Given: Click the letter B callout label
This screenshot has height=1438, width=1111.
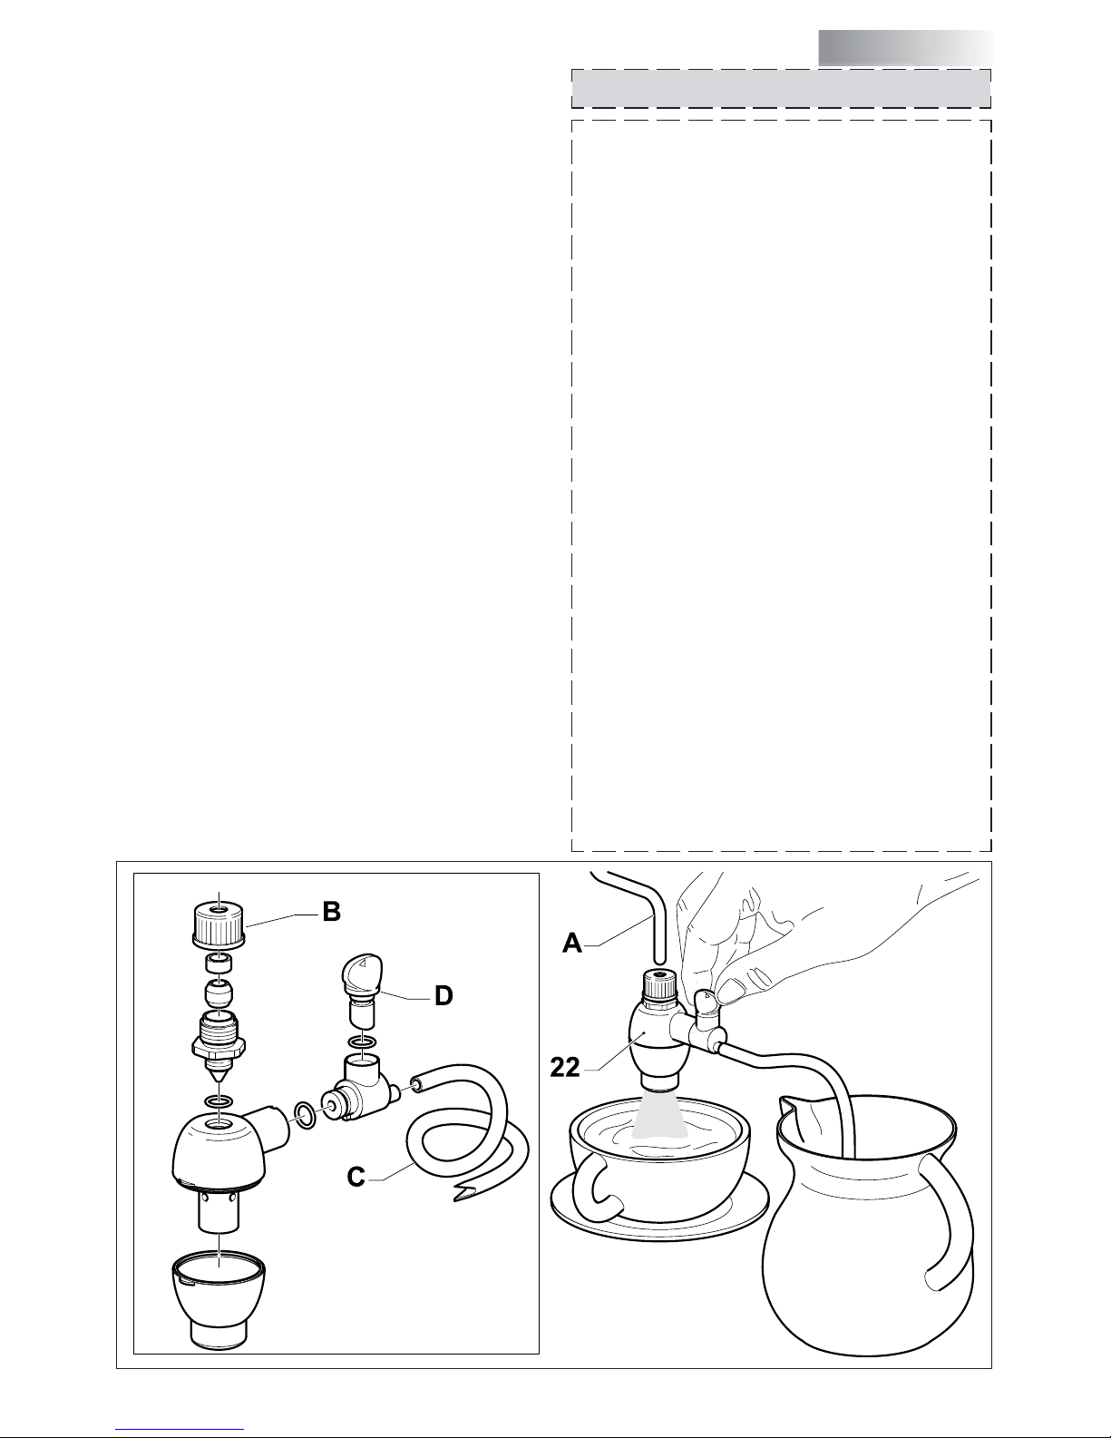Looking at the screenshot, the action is tap(331, 912).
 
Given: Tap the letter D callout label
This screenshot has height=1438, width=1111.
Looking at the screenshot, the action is tap(443, 996).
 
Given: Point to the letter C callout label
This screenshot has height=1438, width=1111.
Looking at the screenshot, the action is tap(356, 1178).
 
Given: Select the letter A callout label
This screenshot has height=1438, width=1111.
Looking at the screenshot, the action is tap(572, 944).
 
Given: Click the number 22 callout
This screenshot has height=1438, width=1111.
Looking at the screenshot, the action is tap(565, 1068).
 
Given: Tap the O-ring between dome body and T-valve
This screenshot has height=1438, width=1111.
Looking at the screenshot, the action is tap(306, 1116).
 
